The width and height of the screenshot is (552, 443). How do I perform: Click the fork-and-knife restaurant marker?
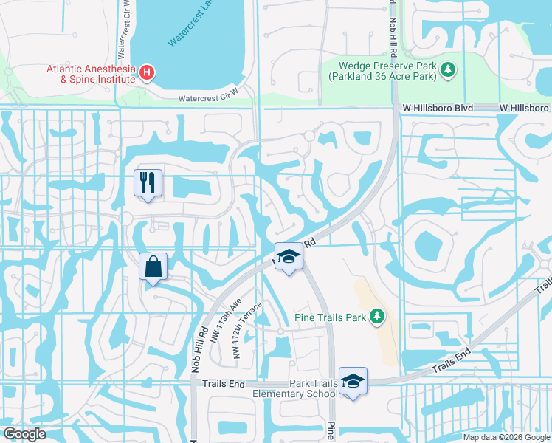[148, 182]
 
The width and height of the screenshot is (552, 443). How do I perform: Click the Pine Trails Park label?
[330, 317]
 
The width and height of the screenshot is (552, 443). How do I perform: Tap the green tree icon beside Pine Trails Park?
[376, 317]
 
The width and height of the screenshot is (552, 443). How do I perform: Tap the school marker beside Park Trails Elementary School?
[353, 381]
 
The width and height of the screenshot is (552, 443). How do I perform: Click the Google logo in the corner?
[24, 433]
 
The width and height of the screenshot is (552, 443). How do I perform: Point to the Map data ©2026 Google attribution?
[506, 437]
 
